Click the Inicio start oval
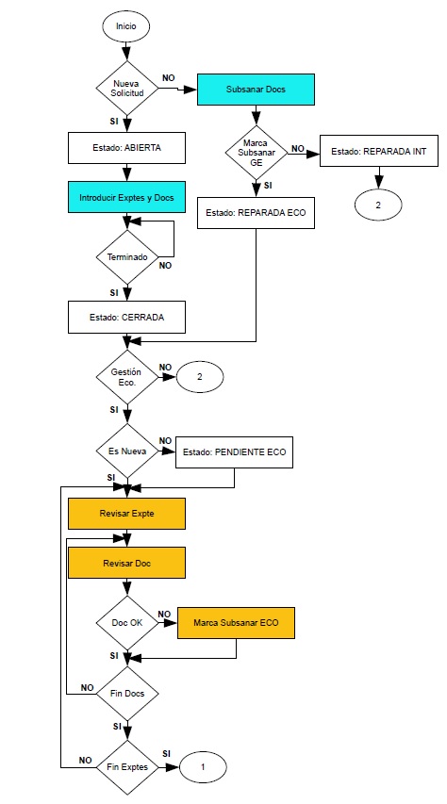pyautogui.click(x=125, y=26)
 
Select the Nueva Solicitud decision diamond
pyautogui.click(x=125, y=90)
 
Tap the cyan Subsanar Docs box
pyautogui.click(x=255, y=90)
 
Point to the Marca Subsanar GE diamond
pyautogui.click(x=255, y=149)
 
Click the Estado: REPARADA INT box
pyautogui.click(x=379, y=151)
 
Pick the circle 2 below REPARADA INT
pyautogui.click(x=379, y=203)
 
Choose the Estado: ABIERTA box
pyautogui.click(x=125, y=147)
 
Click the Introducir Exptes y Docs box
pyautogui.click(x=125, y=197)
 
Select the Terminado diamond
pyautogui.click(x=125, y=255)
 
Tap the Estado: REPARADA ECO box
pyautogui.click(x=256, y=212)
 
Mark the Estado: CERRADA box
pyautogui.click(x=125, y=317)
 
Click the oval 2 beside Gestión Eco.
pyautogui.click(x=200, y=376)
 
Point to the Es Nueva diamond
pyautogui.click(x=125, y=451)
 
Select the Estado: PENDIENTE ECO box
pyautogui.click(x=235, y=451)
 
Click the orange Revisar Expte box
pyautogui.click(x=125, y=514)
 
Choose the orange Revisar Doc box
pyautogui.click(x=125, y=563)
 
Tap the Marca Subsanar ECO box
pyautogui.click(x=236, y=623)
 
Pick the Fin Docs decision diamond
pyautogui.click(x=125, y=694)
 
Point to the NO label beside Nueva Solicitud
pyautogui.click(x=168, y=77)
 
